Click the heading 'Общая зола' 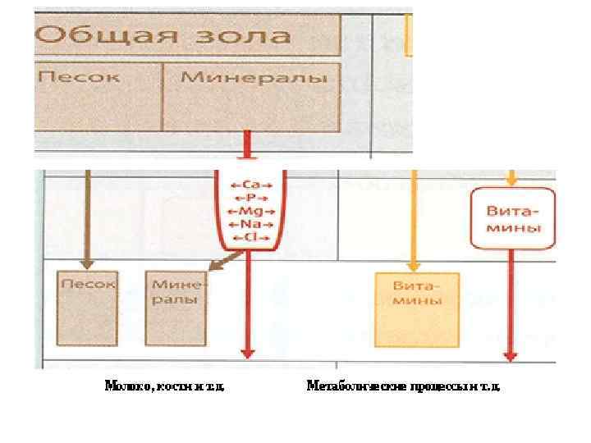164,36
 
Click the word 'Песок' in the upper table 79,78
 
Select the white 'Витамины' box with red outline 514,218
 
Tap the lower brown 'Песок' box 88,307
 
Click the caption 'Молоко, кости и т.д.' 164,385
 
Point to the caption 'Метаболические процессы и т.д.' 402,385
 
